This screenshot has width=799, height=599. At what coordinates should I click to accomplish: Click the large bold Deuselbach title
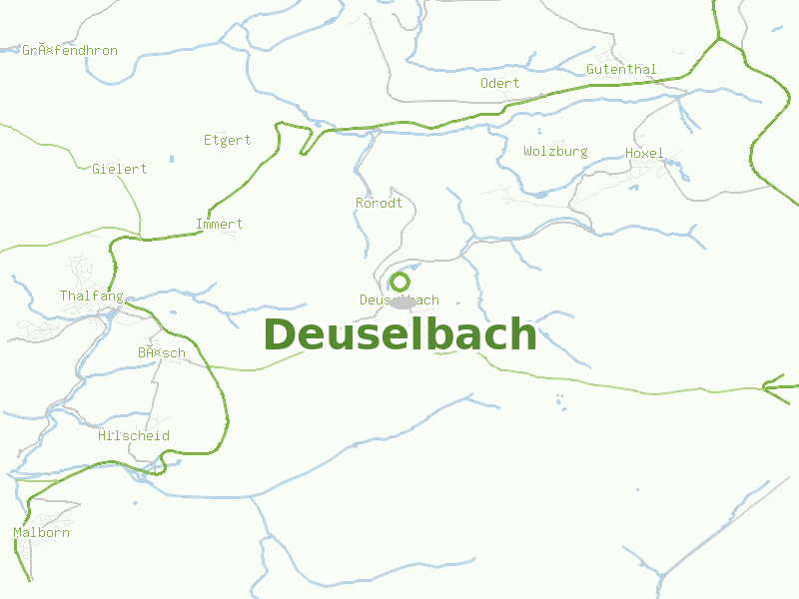(x=399, y=335)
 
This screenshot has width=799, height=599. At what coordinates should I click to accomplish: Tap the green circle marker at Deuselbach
(x=399, y=282)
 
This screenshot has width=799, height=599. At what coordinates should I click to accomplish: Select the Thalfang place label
(x=91, y=297)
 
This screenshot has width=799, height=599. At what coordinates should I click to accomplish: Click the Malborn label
(x=42, y=533)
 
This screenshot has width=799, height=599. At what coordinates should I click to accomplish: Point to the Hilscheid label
(x=134, y=436)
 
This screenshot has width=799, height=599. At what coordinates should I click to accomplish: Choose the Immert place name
(x=220, y=224)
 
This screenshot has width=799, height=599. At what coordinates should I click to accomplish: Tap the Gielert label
(x=120, y=169)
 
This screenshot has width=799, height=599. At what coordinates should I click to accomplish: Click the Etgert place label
(x=228, y=140)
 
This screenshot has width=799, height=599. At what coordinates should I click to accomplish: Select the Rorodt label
(x=380, y=203)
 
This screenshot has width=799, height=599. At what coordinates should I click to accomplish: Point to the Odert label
(x=499, y=83)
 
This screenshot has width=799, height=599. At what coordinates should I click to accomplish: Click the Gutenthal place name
(x=621, y=70)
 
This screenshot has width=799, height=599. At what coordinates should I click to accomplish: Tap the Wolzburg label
(x=555, y=152)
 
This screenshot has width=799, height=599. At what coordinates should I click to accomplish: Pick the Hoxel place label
(x=644, y=153)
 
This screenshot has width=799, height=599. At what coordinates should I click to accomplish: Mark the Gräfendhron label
(x=70, y=50)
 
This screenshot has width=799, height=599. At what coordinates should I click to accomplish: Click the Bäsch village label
(x=162, y=353)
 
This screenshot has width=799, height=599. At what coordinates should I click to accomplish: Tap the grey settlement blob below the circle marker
(x=401, y=301)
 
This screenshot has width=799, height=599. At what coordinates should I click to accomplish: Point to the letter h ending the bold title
(x=524, y=335)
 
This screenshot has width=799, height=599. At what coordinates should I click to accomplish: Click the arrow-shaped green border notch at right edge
(x=771, y=385)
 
